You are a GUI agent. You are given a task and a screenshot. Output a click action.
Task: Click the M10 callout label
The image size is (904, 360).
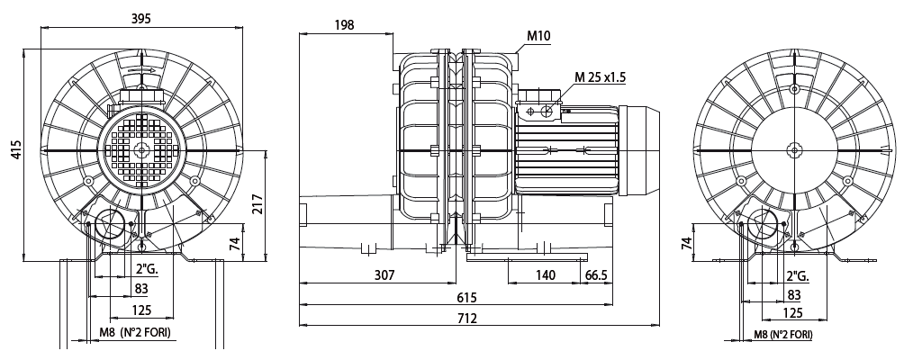click(538, 36)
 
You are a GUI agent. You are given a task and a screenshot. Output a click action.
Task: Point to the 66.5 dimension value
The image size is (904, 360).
click(598, 276)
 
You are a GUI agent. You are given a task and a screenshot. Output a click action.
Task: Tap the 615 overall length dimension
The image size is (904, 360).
click(466, 297)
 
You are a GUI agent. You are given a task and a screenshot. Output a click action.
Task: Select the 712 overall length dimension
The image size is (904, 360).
click(466, 319)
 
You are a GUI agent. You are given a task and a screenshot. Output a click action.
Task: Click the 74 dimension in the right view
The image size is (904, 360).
click(686, 243)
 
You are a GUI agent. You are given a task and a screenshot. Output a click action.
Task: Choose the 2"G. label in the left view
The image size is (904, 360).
click(146, 270)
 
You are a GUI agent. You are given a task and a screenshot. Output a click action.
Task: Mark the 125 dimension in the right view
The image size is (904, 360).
click(792, 312)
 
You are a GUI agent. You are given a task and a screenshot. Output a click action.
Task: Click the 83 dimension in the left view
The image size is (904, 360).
click(141, 290)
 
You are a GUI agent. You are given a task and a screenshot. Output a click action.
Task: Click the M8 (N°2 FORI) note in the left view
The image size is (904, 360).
click(134, 334)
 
